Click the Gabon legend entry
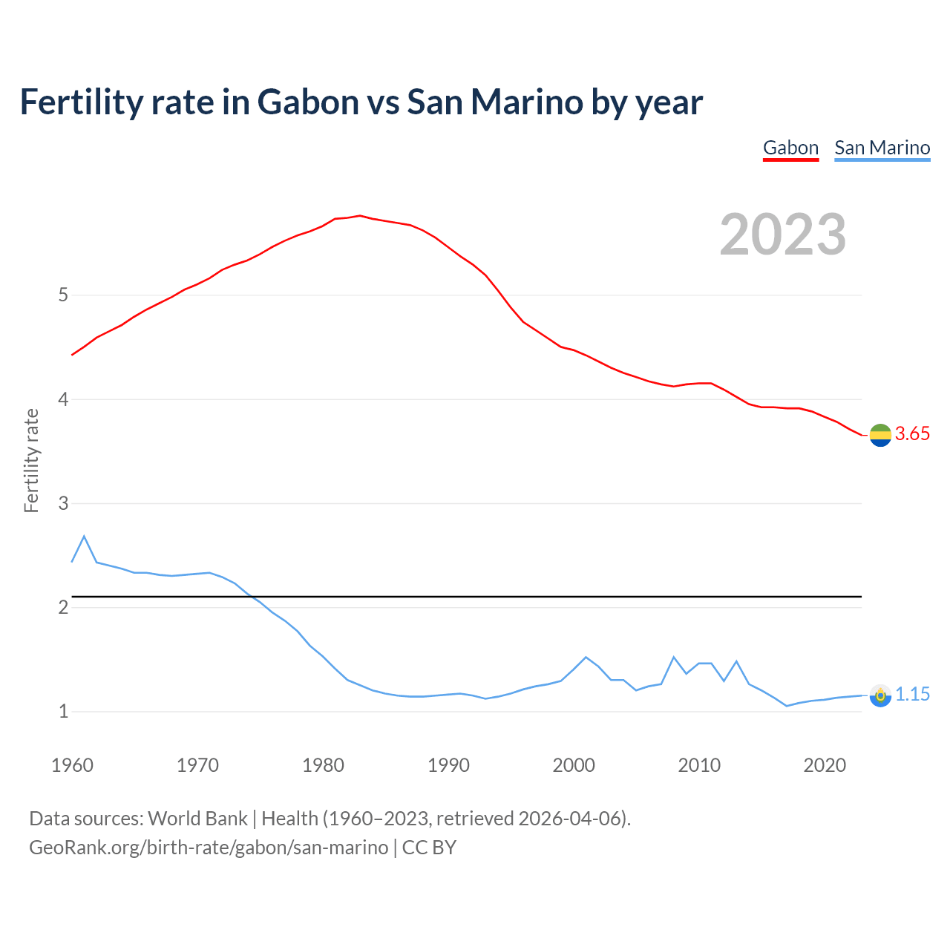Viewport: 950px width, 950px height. click(x=790, y=148)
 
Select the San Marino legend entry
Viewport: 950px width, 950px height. click(x=882, y=148)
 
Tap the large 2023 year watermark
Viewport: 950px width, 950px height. click(x=782, y=235)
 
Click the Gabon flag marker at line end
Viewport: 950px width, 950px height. click(x=880, y=435)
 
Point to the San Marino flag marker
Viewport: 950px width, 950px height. click(x=880, y=695)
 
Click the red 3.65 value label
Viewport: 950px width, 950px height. click(x=912, y=434)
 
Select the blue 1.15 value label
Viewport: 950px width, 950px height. click(x=912, y=695)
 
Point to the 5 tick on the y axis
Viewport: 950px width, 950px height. click(x=63, y=295)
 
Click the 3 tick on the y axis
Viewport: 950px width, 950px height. click(x=63, y=504)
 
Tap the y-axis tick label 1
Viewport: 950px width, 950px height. click(x=63, y=712)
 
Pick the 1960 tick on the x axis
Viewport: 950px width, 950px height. click(x=72, y=765)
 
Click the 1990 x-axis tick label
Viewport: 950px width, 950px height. click(x=448, y=765)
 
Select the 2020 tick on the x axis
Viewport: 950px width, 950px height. click(x=825, y=765)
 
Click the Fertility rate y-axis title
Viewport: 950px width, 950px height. click(x=31, y=460)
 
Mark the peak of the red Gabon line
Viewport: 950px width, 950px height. click(x=360, y=216)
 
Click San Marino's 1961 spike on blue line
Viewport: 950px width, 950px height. click(x=84, y=536)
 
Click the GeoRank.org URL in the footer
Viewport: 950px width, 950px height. click(x=209, y=848)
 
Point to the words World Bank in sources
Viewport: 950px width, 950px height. click(x=197, y=819)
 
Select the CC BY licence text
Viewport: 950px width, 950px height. click(x=429, y=848)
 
